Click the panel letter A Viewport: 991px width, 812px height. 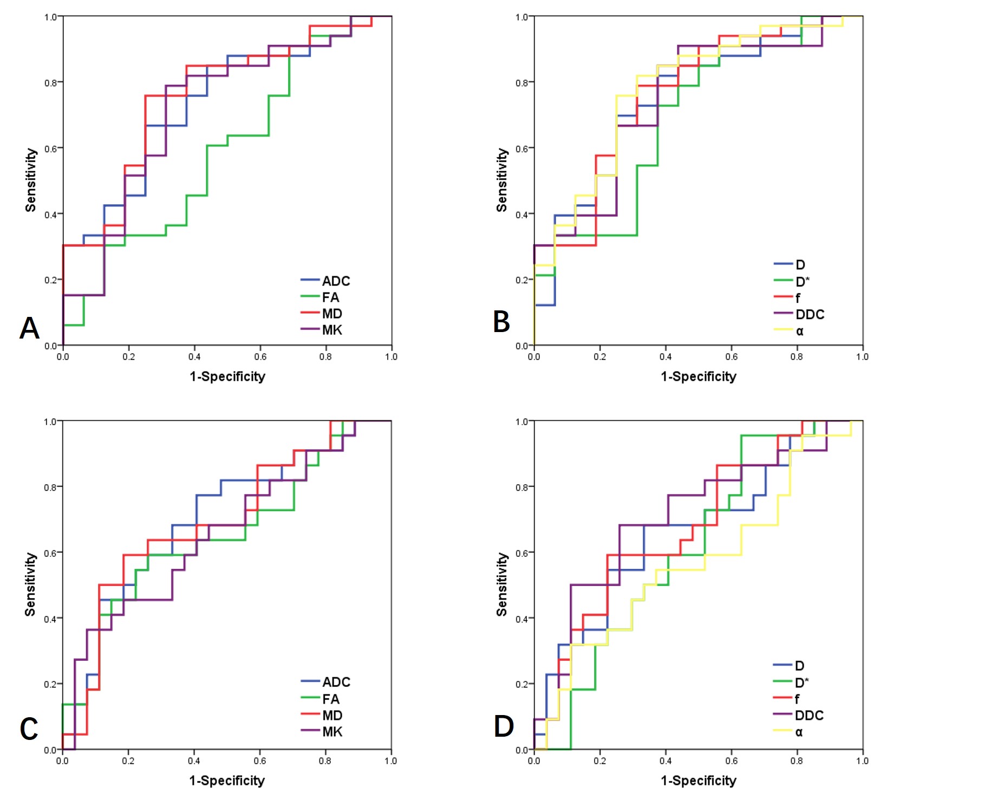(29, 328)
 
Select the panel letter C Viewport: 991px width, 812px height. (29, 729)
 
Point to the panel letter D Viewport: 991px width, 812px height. (503, 726)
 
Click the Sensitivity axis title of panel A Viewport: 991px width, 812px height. (31, 180)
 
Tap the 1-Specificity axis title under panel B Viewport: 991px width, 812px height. (698, 376)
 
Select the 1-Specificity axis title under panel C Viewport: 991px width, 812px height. (227, 781)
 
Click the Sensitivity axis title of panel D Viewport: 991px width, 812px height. (502, 584)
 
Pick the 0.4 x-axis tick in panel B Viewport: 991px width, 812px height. (666, 356)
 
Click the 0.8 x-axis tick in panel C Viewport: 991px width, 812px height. (325, 761)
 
